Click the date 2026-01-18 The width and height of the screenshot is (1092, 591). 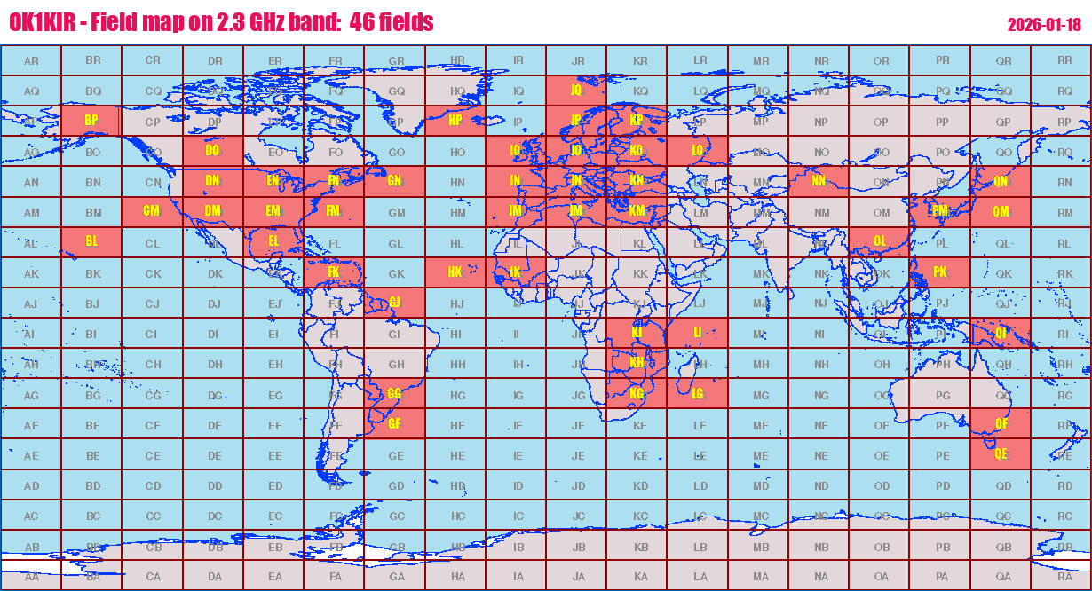(x=1043, y=24)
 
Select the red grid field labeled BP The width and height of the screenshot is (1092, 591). (x=91, y=121)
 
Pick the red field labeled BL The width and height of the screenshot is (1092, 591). (x=91, y=242)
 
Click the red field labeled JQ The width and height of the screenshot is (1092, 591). (x=576, y=91)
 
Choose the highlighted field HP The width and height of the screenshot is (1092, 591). (x=455, y=121)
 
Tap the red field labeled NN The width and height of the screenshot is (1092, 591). (x=819, y=182)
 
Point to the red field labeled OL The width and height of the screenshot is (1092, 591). (x=879, y=242)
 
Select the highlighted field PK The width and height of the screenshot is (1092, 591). (x=940, y=272)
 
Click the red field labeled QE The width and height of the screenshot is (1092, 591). (x=1001, y=454)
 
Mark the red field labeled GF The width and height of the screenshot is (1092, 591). (x=395, y=424)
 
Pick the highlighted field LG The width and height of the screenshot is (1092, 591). (x=698, y=394)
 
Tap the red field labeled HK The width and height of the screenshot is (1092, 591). (x=455, y=272)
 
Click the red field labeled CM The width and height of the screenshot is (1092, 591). (x=152, y=212)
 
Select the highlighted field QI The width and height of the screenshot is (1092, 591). (x=1001, y=333)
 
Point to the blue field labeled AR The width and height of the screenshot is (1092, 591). (x=31, y=60)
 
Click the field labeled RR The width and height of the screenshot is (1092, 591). (x=1064, y=60)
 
